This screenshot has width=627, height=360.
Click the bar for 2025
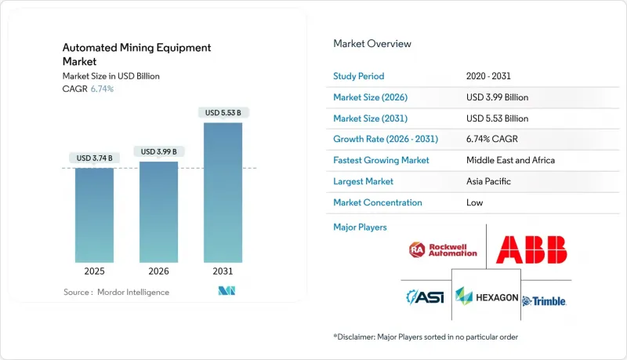point(94,215)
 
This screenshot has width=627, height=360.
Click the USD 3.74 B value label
point(94,158)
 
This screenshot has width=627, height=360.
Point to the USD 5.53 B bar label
point(223,113)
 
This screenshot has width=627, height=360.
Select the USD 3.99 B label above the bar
point(158,151)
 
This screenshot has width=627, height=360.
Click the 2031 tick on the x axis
point(223,272)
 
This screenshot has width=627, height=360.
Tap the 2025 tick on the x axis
point(94,272)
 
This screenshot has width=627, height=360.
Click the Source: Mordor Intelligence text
point(117,292)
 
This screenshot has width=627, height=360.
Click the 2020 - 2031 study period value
point(490,76)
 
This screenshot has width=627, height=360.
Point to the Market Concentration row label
point(378,202)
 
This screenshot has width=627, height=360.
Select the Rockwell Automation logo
point(443,250)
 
